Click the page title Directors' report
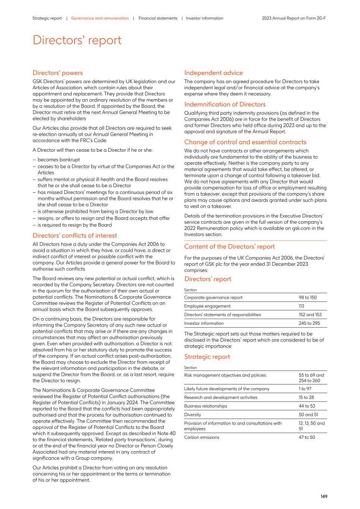tap(77, 40)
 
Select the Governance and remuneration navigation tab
tap(100, 18)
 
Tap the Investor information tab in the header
tap(205, 18)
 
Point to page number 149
tap(323, 496)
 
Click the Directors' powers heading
tap(58, 73)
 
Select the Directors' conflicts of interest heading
tap(75, 236)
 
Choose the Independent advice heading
tap(213, 73)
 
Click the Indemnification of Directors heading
tap(225, 104)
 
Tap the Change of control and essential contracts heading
tap(245, 142)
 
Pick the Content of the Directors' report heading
tap(229, 247)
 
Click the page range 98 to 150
tap(307, 298)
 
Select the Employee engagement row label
tap(207, 306)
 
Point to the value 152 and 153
tap(310, 315)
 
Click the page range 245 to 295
tap(309, 323)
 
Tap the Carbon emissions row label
tap(202, 437)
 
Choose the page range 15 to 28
tap(306, 398)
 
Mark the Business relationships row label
tap(205, 406)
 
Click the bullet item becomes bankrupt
tap(59, 160)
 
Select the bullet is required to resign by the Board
tap(75, 225)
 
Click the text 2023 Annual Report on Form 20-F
tap(294, 18)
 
